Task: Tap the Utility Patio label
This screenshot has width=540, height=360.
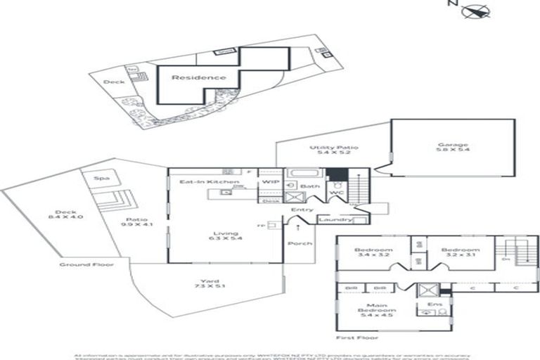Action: click(335, 148)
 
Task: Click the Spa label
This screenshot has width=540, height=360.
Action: click(101, 179)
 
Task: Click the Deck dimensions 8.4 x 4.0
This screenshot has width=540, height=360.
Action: click(70, 217)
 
